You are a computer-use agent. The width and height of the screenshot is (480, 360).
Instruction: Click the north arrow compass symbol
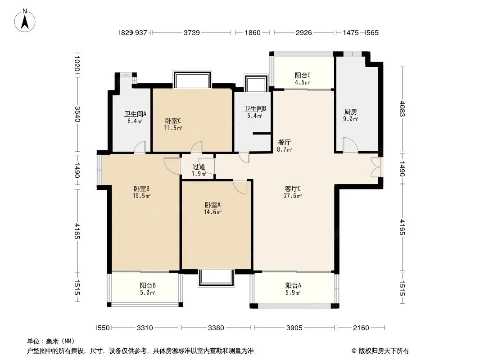pos(25,21)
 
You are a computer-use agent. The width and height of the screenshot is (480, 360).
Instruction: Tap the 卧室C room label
pos(173,121)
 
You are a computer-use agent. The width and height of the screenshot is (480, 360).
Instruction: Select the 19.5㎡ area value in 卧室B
pos(141,196)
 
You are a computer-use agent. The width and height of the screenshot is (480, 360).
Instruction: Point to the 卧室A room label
pos(213,205)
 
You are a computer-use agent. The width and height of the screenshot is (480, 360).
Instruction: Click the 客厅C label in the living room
pos(293,189)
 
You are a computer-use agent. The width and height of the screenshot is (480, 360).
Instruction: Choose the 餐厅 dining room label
pos(285,142)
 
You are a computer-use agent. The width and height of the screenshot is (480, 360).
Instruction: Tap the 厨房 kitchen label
pos(350,112)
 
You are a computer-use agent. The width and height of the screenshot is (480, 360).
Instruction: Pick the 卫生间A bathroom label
pos(135,114)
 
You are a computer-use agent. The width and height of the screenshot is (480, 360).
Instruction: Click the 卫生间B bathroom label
pos(255,108)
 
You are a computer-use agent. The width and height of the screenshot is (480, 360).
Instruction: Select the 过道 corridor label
pos(199,166)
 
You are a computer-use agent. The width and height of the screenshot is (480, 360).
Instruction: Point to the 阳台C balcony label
pos(303,75)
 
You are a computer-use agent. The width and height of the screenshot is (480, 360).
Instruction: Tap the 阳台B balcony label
pos(148,285)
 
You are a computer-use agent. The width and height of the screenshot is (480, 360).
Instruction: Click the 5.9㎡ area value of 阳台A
pos(293,292)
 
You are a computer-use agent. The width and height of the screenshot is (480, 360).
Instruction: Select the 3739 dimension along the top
pos(192,32)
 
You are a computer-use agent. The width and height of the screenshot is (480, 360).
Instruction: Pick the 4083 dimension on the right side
pos(402,109)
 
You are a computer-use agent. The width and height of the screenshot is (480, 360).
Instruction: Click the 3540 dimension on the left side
pos(77,114)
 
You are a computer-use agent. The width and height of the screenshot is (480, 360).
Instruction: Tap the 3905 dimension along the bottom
pos(294,328)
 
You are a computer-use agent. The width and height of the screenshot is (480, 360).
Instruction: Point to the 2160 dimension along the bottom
pos(361,328)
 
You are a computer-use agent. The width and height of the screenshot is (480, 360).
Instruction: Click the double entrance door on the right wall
pos(376,167)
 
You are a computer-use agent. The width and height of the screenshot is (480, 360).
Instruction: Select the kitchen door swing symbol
pos(350,145)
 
